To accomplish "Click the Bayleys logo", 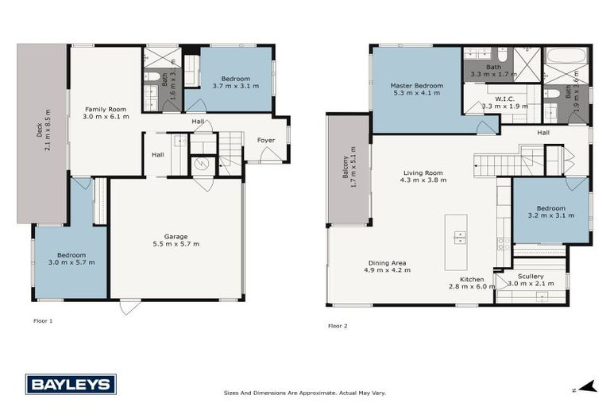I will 71,384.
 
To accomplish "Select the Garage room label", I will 176,239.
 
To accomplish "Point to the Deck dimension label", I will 44,134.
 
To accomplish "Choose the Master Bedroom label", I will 416,88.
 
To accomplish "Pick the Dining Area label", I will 388,266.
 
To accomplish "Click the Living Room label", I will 423,176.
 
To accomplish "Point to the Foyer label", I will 265,140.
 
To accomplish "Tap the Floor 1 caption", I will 42,321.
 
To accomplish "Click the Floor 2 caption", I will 338,325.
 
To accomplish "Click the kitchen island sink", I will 459,237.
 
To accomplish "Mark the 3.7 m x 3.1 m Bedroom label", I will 236,82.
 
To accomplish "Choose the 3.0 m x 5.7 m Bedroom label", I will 71,258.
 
